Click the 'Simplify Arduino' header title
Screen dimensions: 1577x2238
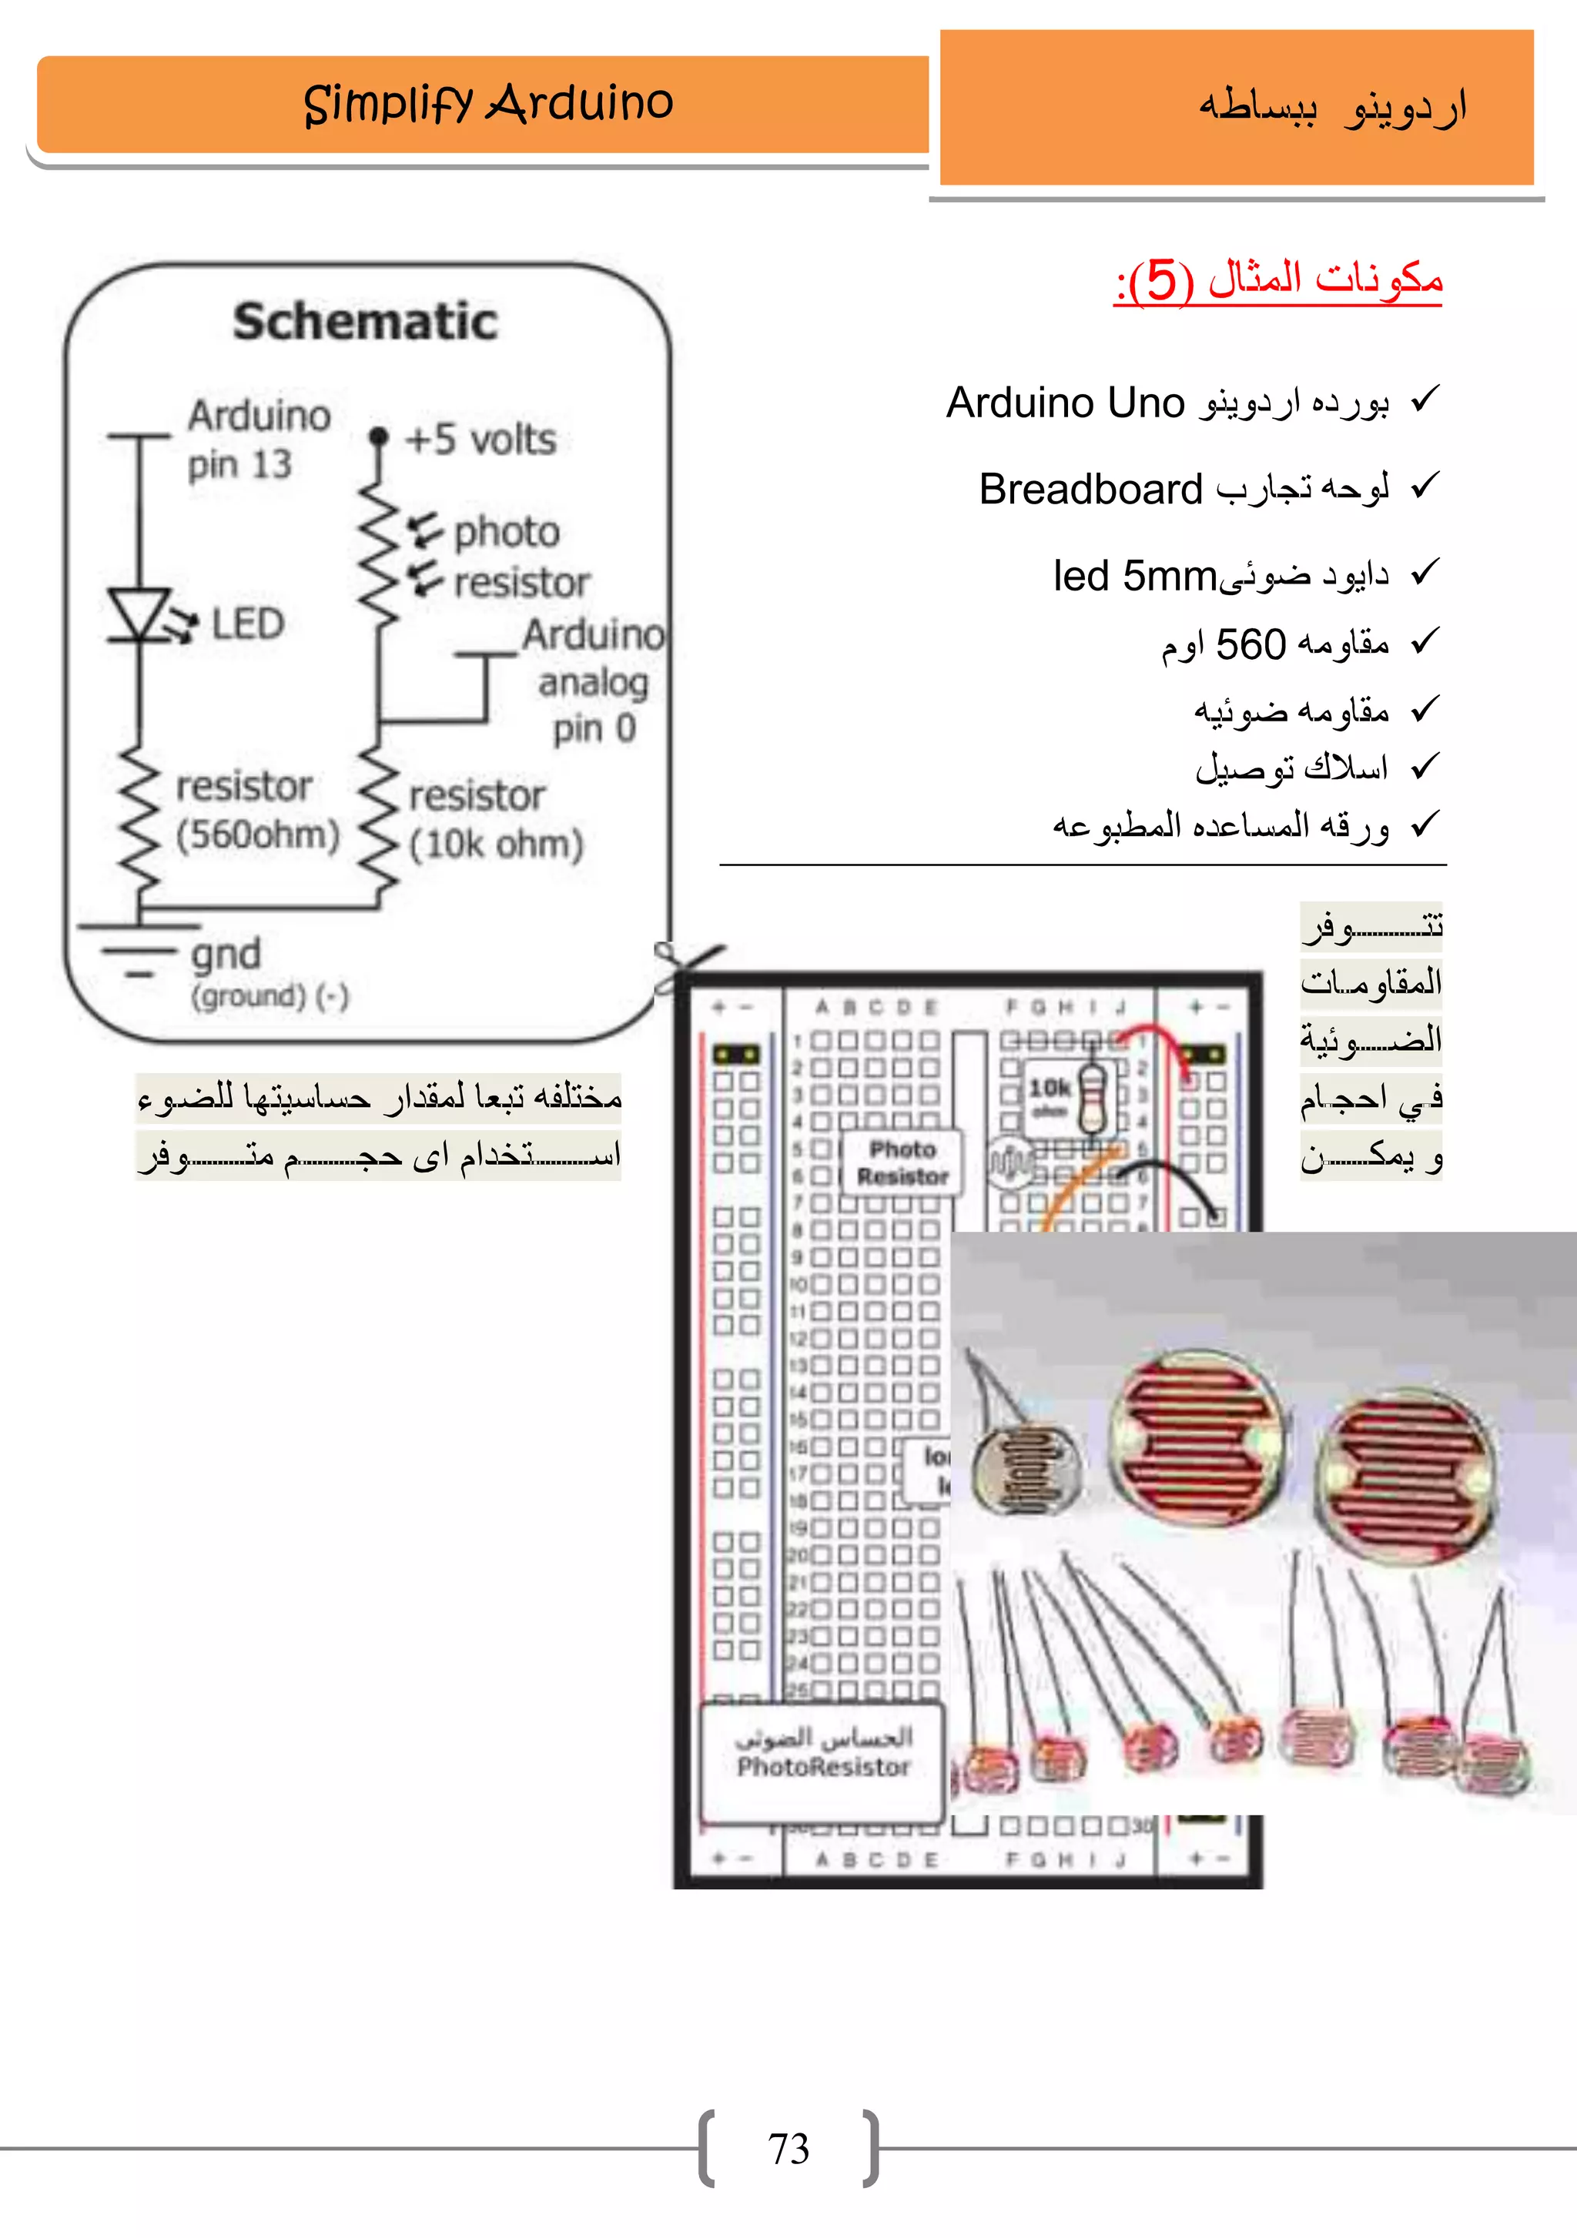coord(487,103)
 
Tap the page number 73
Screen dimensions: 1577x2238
coord(788,2149)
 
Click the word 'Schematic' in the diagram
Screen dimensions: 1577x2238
coord(366,322)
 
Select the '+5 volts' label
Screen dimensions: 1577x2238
coord(480,440)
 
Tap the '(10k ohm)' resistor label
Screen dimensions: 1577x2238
coord(495,844)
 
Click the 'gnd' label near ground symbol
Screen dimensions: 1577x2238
coord(226,955)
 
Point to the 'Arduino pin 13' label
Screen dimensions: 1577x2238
coord(258,440)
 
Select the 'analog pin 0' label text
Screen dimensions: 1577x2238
coord(593,704)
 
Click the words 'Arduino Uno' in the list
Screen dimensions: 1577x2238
coord(1065,403)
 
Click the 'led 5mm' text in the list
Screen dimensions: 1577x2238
coord(1134,576)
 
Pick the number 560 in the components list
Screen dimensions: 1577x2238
coord(1251,644)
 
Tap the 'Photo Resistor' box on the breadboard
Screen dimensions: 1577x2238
coord(902,1162)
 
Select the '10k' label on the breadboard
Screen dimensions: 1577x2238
coord(1050,1087)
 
